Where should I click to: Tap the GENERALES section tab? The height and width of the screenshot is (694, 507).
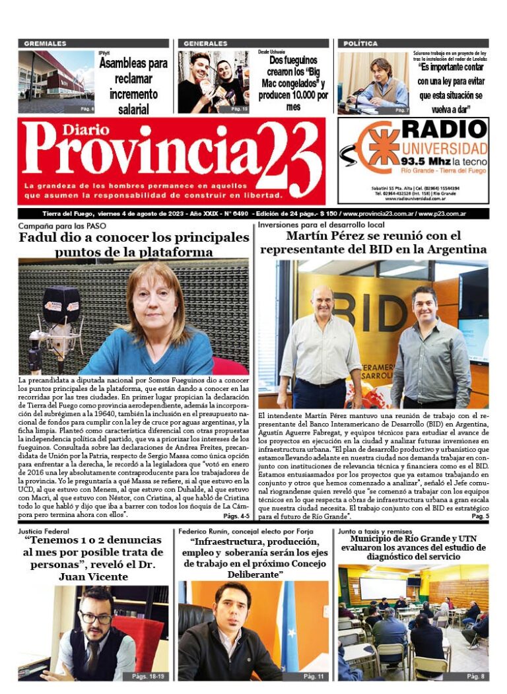205,44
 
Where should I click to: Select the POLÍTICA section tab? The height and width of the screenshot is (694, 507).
360,44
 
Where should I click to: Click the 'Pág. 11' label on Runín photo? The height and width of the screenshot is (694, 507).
313,676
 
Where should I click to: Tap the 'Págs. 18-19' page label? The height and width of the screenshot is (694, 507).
147,676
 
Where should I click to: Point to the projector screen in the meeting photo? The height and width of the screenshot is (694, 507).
383,588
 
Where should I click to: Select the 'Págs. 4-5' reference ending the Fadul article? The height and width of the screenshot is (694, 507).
236,516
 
